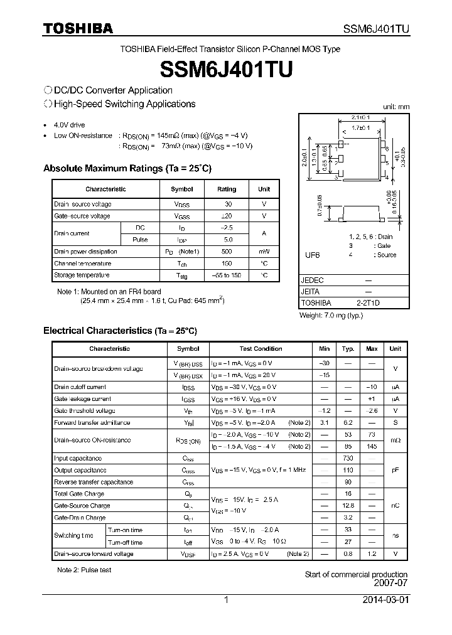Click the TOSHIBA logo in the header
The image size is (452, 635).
78,28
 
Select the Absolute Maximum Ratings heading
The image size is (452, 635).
127,168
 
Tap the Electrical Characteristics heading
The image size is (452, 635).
120,330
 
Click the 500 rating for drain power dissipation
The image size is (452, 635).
227,252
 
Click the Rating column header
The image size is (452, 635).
227,189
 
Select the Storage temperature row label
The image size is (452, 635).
82,275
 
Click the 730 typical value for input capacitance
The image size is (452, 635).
348,459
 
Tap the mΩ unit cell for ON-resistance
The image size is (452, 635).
395,440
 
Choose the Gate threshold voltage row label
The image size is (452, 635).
84,411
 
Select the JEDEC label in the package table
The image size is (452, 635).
312,280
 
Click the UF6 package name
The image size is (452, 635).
312,255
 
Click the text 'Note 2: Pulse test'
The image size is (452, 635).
84,570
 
